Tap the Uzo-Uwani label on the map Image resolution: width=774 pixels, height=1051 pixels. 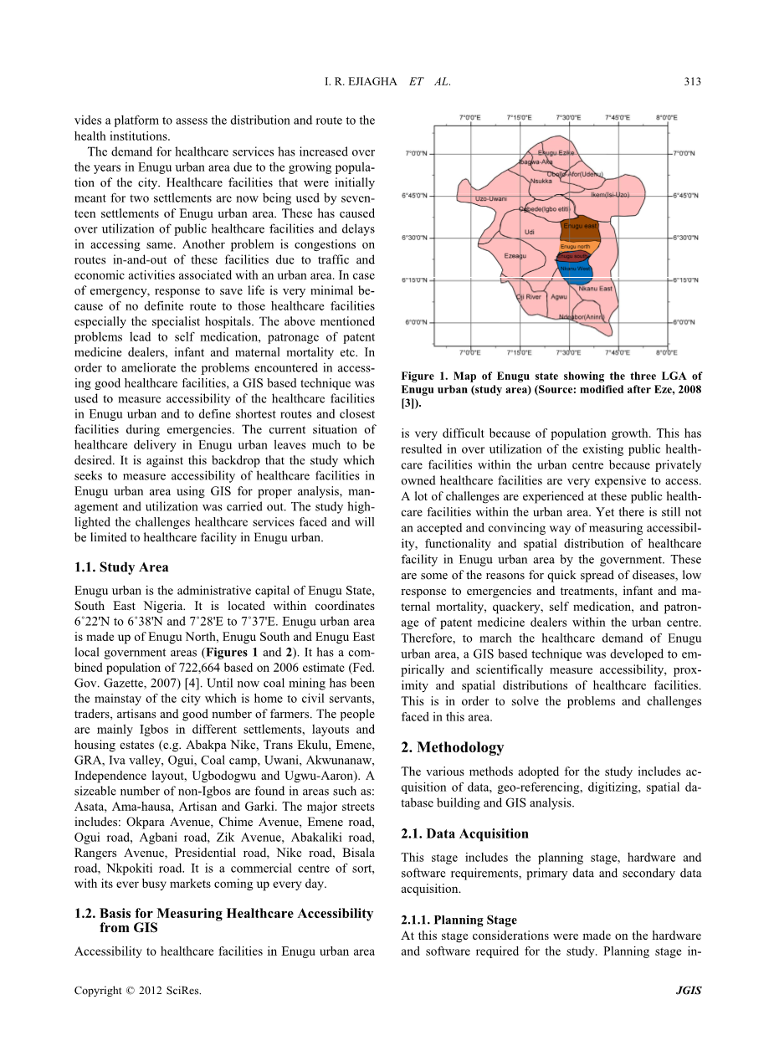(x=491, y=199)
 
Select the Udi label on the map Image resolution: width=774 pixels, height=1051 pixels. (x=529, y=232)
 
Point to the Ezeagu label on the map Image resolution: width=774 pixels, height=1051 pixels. (x=515, y=256)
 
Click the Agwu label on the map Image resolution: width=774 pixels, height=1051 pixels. (x=560, y=296)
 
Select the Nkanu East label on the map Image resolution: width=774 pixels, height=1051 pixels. (x=596, y=288)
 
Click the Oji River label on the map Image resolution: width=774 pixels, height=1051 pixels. (x=529, y=296)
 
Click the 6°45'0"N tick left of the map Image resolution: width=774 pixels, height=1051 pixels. (x=415, y=196)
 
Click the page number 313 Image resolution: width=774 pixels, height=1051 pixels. (x=692, y=81)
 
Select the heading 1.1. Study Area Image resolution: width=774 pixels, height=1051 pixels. (x=121, y=567)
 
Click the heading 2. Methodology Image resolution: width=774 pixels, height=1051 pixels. (x=453, y=747)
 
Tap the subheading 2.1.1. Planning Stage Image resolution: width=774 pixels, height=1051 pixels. (x=459, y=920)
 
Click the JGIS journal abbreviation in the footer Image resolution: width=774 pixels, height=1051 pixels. (x=688, y=991)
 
